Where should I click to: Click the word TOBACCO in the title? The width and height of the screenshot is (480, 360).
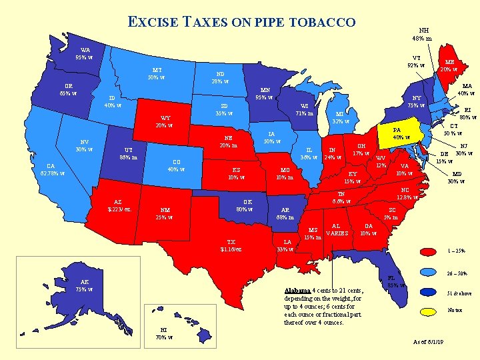(322, 22)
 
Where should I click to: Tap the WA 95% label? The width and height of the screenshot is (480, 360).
(86, 53)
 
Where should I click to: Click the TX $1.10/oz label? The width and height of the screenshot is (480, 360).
(231, 245)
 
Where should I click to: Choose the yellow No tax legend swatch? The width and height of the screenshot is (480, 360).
(430, 311)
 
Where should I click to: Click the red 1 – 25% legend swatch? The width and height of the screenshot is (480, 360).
(430, 251)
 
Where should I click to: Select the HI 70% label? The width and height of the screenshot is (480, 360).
(161, 333)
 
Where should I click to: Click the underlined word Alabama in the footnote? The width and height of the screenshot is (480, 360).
(297, 291)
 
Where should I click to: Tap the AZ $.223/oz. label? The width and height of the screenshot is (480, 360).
(119, 205)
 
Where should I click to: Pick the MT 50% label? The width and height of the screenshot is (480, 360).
(157, 73)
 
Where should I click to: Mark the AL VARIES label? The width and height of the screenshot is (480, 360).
(337, 230)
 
